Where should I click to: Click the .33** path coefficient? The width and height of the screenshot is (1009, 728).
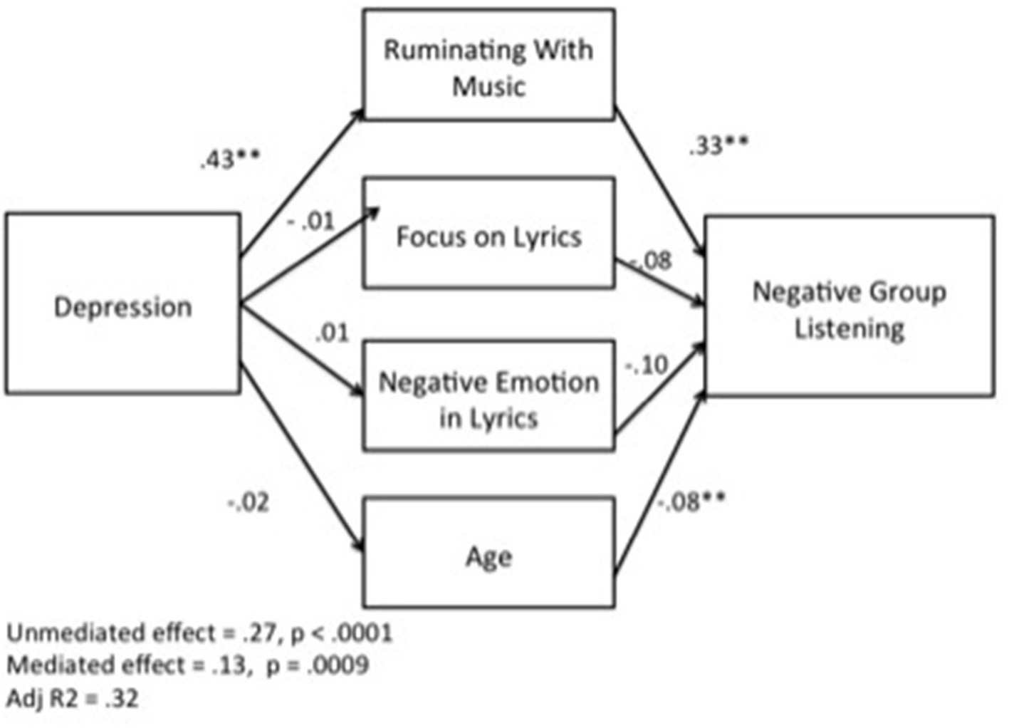(718, 146)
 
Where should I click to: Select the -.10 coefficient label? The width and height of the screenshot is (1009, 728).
(647, 366)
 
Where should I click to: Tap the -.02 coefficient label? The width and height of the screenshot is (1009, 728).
(249, 503)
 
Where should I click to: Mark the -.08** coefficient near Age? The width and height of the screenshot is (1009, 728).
(691, 501)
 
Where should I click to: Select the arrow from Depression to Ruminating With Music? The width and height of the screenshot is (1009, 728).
(303, 182)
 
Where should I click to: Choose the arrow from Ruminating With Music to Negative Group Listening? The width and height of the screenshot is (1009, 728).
(659, 182)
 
